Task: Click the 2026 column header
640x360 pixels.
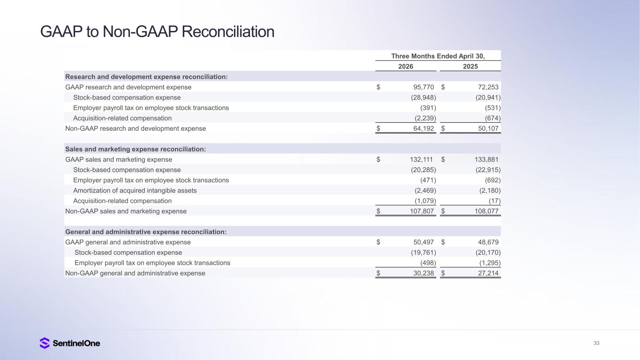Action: (406, 66)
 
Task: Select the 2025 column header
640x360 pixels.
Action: (470, 66)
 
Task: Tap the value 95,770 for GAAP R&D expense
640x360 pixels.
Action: (423, 87)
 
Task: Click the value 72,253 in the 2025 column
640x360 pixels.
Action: (488, 87)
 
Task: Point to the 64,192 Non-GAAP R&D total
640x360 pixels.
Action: (423, 128)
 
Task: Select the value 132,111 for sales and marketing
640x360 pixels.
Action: (421, 159)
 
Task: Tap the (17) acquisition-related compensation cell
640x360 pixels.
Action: (495, 201)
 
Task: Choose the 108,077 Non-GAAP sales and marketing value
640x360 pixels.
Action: (486, 211)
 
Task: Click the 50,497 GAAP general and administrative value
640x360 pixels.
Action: (423, 242)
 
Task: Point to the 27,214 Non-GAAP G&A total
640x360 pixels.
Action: (488, 273)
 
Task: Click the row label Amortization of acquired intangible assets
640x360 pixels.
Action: (135, 191)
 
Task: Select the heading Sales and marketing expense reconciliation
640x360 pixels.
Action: (136, 149)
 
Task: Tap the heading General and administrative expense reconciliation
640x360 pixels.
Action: (146, 232)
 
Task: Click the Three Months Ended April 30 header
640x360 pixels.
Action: (438, 56)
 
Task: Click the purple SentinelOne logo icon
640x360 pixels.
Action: (45, 343)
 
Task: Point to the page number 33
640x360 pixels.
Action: (596, 343)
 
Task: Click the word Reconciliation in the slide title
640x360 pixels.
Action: (228, 31)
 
